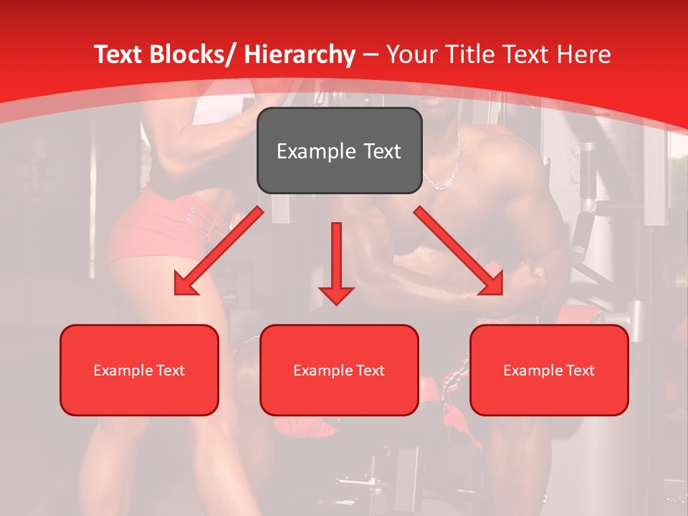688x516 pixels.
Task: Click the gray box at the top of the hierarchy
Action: point(339,150)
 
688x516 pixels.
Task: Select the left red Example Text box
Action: point(139,370)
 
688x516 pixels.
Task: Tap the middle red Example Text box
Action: point(339,370)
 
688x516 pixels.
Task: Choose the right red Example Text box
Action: point(549,370)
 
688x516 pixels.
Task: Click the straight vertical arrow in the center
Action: point(336,258)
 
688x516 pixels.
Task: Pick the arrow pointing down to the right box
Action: point(459,251)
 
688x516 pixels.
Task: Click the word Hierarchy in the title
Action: point(299,55)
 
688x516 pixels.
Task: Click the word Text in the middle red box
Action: point(371,371)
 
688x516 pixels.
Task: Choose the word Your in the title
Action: point(411,55)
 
